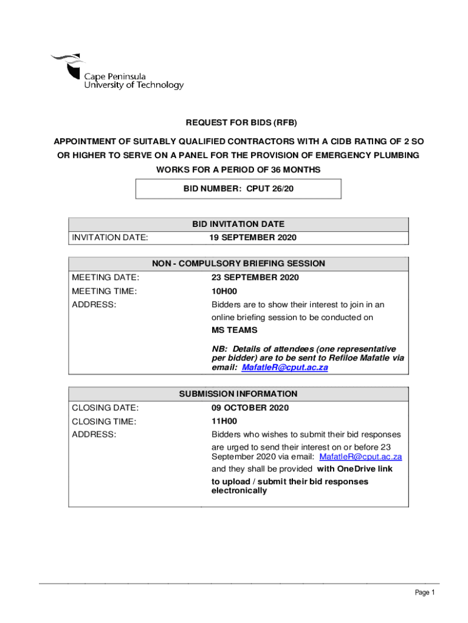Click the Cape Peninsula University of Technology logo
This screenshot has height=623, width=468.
coord(117,72)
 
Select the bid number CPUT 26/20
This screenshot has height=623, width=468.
coord(270,189)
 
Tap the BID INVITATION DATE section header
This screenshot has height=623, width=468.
coord(238,224)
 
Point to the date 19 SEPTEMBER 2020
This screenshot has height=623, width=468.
coord(253,237)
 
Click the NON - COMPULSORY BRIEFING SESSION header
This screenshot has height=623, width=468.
coord(238,264)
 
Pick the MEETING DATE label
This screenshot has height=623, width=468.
coord(105,277)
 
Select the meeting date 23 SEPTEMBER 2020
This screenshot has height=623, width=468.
coord(255,277)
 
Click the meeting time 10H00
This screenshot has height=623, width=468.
coord(224,291)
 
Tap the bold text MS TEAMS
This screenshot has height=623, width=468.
coord(234,330)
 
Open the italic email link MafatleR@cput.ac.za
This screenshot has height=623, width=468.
coord(284,367)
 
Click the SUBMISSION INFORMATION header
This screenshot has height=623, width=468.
coord(238,394)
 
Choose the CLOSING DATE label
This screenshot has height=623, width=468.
coord(105,408)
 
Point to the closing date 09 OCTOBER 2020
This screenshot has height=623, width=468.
coord(250,408)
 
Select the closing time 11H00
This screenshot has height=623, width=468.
coord(224,421)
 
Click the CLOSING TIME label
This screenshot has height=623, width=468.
coord(104,421)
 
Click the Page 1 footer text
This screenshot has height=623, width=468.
coord(425,593)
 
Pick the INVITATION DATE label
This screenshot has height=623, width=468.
coord(109,237)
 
